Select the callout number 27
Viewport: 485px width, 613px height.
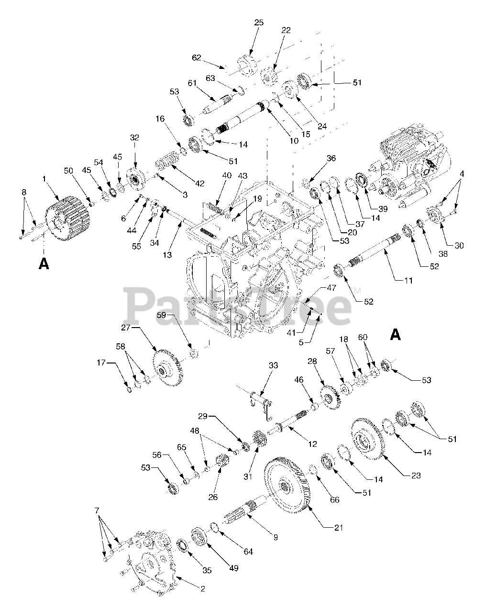click(126, 328)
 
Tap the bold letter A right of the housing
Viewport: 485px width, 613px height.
click(395, 334)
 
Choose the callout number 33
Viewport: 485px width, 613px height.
click(273, 365)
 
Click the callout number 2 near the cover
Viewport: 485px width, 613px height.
click(203, 589)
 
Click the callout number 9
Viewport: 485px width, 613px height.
click(275, 537)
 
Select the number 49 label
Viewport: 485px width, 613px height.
click(233, 568)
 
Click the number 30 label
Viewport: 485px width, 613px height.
click(459, 245)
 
